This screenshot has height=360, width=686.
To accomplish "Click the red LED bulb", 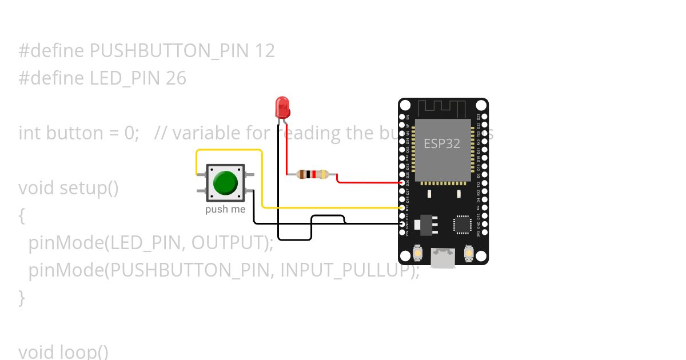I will point(282,107).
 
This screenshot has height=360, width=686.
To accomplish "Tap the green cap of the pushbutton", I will point(225,183).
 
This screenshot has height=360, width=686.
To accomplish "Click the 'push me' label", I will point(225,210).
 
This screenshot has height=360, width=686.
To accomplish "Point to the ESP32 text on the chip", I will point(442,143).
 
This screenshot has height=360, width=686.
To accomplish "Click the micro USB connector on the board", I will point(443,258).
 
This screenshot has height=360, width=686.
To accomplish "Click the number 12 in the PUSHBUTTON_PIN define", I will point(265,51).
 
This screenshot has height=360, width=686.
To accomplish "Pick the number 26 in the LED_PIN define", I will point(176,78).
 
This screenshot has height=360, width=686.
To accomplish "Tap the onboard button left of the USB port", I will point(418,253).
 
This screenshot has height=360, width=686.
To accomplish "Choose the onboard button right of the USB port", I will point(468,253).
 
